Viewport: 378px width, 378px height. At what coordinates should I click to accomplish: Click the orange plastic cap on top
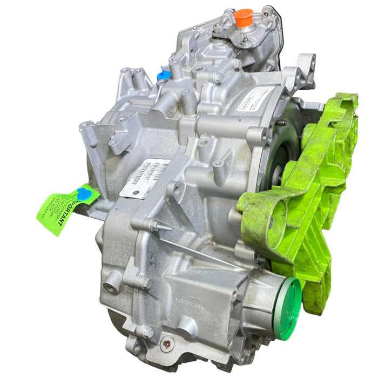(x=244, y=17)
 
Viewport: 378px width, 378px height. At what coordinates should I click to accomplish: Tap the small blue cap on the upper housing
(x=164, y=75)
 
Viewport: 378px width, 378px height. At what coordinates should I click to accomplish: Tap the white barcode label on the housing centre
(x=144, y=178)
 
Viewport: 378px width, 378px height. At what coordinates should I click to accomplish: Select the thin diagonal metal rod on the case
(x=200, y=253)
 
